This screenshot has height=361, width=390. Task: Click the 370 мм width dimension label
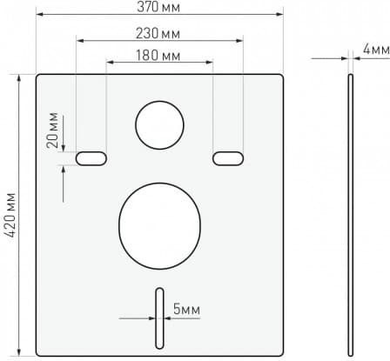[x=158, y=7]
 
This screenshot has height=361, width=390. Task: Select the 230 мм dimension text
[x=158, y=33]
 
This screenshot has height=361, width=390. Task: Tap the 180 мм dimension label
[x=158, y=55]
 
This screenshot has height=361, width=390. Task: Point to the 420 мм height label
[x=10, y=215]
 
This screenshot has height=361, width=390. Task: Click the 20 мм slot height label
[x=52, y=130]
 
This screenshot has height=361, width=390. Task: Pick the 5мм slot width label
[x=186, y=309]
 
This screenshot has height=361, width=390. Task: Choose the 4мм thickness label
[x=376, y=50]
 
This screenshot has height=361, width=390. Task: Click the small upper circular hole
[x=159, y=125]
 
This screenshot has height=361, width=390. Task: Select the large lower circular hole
[x=159, y=226]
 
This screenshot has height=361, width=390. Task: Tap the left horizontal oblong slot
[x=91, y=158]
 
